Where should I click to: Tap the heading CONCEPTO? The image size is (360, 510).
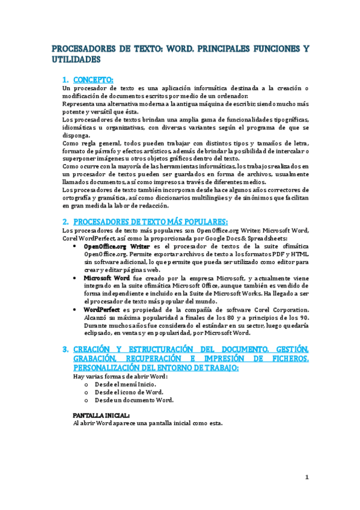(x=93, y=79)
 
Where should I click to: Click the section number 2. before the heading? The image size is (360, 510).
(x=66, y=221)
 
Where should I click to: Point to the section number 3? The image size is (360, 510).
(x=66, y=349)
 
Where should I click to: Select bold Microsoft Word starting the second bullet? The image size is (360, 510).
(x=106, y=278)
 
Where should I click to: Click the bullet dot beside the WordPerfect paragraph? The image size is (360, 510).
(x=75, y=310)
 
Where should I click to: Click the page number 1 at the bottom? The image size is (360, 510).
(x=307, y=478)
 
